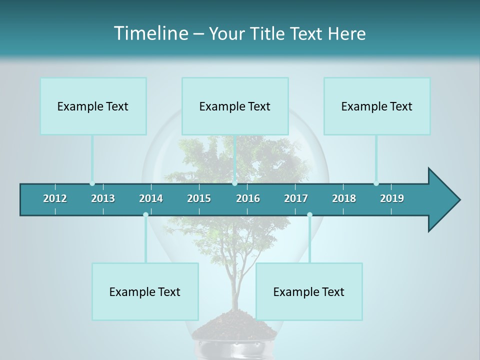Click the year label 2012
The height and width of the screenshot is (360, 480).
pos(55,198)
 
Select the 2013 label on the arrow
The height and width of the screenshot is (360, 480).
pos(103,198)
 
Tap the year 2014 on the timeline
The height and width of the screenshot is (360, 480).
pos(151,198)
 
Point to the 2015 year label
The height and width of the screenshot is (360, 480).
pos(199,198)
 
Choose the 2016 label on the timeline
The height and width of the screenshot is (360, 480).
pos(248,198)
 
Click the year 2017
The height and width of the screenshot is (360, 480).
pos(296,198)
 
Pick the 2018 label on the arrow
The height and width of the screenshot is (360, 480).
pos(344,198)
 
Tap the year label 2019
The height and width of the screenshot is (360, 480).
pos(392,198)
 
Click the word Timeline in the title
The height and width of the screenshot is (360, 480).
pos(150,33)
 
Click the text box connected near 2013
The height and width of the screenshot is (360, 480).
pos(93,106)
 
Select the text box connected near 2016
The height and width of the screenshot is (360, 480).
pos(235,106)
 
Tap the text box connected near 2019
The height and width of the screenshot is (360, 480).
pos(377,106)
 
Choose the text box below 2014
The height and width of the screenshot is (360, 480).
pos(145,291)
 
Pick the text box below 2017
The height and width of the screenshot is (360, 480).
pos(309,291)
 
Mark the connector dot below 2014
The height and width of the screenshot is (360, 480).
pos(145,214)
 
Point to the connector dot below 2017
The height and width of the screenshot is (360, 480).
pos(309,214)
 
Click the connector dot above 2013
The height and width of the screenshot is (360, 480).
pos(92,183)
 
